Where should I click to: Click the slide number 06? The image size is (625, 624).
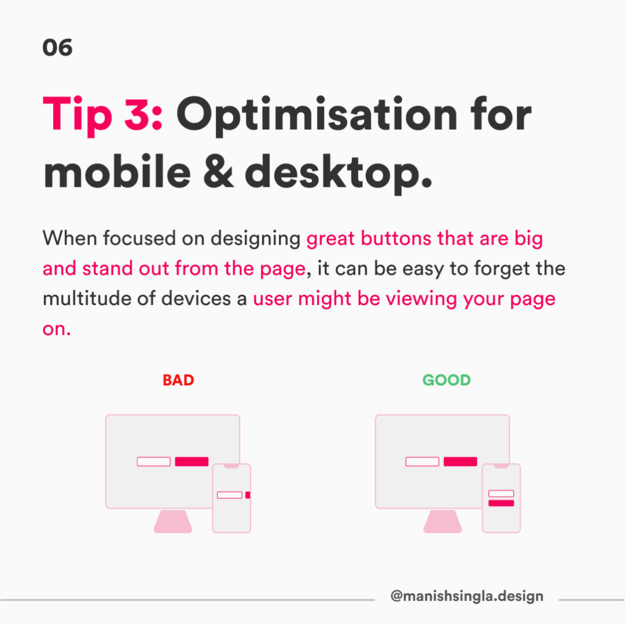coord(57,47)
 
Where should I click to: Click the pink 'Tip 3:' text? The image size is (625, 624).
coord(102,115)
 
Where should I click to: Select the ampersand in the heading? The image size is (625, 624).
coord(218,172)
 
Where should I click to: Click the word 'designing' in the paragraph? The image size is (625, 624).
coord(255,239)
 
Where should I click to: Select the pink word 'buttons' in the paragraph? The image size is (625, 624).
coord(396,238)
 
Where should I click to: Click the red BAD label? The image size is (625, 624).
coord(178,380)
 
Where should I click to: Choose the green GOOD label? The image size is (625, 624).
coord(446,380)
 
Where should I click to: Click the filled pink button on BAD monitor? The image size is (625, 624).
coord(192,461)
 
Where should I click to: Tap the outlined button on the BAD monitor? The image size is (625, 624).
coord(153,461)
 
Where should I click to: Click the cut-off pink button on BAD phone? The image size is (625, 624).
coord(248,495)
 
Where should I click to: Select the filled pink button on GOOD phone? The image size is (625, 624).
coord(501,503)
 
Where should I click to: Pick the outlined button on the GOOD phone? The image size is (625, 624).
coord(501,494)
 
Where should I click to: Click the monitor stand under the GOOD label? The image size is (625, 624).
coord(443,521)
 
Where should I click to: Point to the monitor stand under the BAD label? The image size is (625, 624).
coord(173,521)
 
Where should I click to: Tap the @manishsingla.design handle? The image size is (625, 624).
coord(467,596)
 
